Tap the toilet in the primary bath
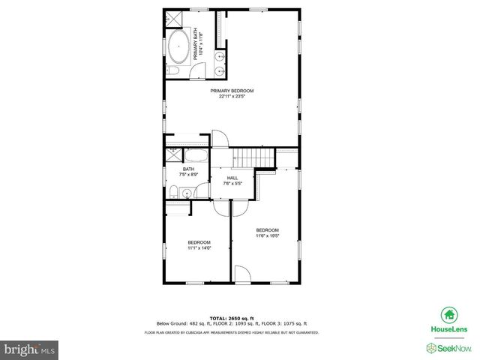[x=172, y=70]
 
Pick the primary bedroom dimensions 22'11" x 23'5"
[x=232, y=96]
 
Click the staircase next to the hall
[x=250, y=159]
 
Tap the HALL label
[x=232, y=178]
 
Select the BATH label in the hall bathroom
[x=188, y=169]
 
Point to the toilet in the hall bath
[x=172, y=192]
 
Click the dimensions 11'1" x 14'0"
[x=199, y=247]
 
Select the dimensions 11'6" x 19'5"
[x=268, y=235]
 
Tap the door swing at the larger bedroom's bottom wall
[x=243, y=274]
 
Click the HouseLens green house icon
[x=449, y=315]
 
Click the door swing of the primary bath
[x=197, y=70]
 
